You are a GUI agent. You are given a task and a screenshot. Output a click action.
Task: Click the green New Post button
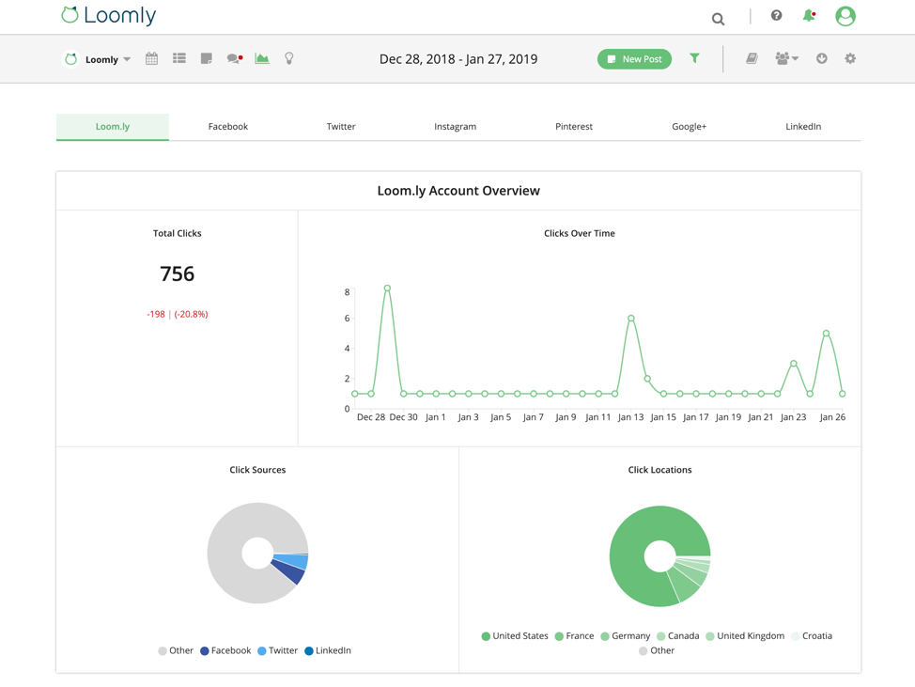[634, 59]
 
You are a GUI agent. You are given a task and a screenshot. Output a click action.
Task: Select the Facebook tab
[227, 126]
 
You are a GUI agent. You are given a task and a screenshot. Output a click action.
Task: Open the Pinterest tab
[573, 126]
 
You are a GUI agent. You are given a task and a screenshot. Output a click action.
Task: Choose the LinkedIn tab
[802, 126]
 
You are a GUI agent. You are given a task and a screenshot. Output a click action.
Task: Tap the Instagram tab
[455, 126]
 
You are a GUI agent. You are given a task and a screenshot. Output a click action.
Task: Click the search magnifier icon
[718, 19]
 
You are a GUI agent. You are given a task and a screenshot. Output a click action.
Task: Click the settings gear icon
[850, 58]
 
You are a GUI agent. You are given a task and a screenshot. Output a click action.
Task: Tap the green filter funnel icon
[694, 58]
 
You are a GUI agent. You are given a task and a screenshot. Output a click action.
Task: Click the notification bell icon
[808, 16]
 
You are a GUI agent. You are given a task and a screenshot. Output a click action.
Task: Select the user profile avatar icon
[845, 16]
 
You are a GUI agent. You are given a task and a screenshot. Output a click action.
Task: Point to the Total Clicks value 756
[177, 273]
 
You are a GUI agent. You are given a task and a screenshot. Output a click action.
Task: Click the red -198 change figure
[156, 314]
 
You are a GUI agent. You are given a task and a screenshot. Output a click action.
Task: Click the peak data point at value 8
[387, 289]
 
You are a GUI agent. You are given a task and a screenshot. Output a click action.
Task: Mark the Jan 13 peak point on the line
[631, 319]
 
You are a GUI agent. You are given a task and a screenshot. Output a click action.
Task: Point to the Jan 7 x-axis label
[533, 417]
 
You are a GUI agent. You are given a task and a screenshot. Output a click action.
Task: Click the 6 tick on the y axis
[347, 319]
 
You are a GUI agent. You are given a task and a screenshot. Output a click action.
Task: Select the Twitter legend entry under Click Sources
[277, 650]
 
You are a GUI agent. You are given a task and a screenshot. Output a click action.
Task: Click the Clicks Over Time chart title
[579, 233]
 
